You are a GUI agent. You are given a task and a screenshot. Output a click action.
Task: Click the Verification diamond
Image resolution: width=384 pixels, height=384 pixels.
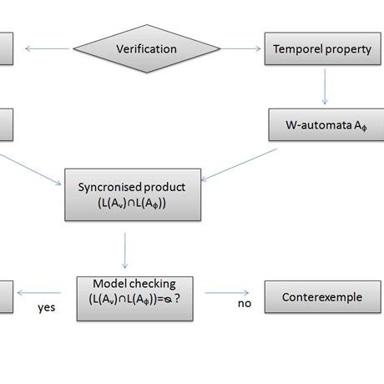coord(146,48)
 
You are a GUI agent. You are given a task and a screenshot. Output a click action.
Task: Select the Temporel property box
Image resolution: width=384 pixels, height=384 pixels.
coord(321,48)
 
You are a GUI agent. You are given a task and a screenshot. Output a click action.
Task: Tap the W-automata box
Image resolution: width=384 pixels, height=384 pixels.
coord(321,124)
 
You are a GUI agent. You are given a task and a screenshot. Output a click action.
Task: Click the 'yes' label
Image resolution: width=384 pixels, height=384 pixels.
coord(47,307)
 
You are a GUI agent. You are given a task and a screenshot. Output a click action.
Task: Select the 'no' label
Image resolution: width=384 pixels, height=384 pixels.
coord(244,304)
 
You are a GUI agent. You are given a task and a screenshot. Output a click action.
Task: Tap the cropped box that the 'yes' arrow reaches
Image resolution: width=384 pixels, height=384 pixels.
coord(5,296)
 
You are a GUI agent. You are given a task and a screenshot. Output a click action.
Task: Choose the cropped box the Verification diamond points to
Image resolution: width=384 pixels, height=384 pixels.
coord(5,48)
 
